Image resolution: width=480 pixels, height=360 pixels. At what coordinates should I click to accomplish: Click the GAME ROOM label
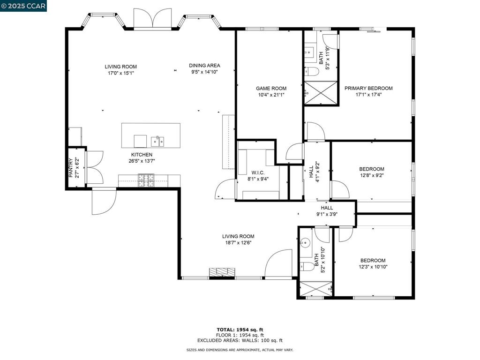pyautogui.click(x=271, y=88)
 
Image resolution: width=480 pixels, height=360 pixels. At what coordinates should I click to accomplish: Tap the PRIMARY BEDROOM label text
pyautogui.click(x=368, y=88)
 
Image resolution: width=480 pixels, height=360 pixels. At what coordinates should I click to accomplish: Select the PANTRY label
pyautogui.click(x=71, y=168)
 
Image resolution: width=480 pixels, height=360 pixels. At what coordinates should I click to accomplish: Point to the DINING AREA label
pyautogui.click(x=204, y=66)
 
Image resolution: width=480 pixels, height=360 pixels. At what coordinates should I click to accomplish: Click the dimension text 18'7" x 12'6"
pyautogui.click(x=238, y=243)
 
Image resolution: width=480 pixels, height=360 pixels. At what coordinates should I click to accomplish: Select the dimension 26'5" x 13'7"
pyautogui.click(x=142, y=161)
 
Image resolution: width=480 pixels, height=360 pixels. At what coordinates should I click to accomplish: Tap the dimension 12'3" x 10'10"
pyautogui.click(x=373, y=267)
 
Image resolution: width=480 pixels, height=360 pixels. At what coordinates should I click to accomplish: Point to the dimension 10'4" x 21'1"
pyautogui.click(x=271, y=95)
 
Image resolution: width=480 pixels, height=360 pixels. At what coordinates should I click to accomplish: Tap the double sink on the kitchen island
pyautogui.click(x=157, y=140)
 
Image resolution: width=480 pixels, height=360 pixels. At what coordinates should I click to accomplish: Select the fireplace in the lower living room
pyautogui.click(x=221, y=272)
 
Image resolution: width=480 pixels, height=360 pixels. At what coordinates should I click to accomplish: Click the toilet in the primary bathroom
pyautogui.click(x=312, y=72)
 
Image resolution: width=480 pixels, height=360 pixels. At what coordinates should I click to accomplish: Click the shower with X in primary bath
pyautogui.click(x=321, y=93)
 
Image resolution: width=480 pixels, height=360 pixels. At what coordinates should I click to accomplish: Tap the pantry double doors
pyautogui.click(x=95, y=167)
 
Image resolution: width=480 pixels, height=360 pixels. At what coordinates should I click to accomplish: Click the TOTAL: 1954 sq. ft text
pyautogui.click(x=240, y=330)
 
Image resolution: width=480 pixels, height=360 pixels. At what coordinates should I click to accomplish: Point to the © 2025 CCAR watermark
pyautogui.click(x=23, y=6)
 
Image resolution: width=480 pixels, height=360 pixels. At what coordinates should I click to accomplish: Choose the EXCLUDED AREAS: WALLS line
pyautogui.click(x=240, y=341)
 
